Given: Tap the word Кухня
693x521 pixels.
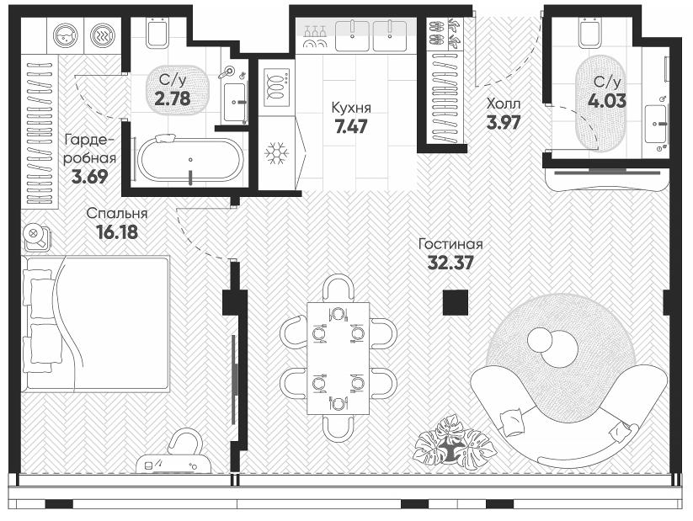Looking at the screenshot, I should tap(349, 109).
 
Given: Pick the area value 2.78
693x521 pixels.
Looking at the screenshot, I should tap(172, 97).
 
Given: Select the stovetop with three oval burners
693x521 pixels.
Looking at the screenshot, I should tap(275, 85).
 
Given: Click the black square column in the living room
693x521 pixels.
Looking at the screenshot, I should tap(456, 302).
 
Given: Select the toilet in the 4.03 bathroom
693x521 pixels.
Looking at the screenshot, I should tap(590, 35).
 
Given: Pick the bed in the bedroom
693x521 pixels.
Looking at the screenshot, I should tap(94, 323).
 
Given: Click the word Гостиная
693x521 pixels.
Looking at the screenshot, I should tap(450, 244).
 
